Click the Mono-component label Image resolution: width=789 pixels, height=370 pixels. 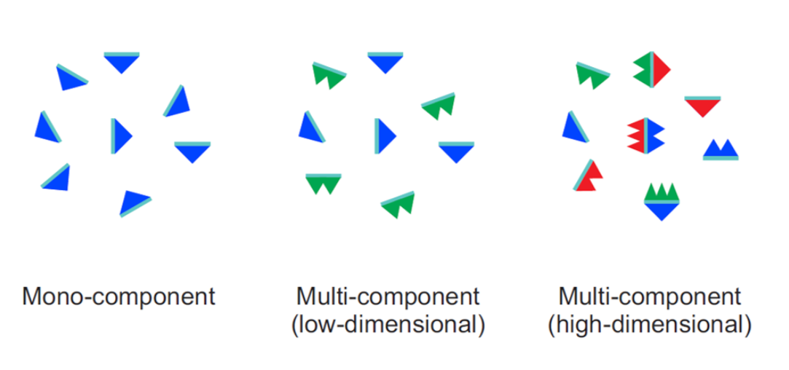coord(119,297)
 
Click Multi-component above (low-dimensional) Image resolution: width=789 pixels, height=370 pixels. coord(388,297)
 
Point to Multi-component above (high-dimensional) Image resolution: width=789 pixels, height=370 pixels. coord(649,297)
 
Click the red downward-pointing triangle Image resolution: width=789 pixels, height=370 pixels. coord(703,106)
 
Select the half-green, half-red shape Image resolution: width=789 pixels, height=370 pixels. coord(651,71)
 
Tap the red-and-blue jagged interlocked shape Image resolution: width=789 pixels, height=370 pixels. coord(645,135)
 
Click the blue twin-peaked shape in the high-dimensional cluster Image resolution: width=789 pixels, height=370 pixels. coord(721,151)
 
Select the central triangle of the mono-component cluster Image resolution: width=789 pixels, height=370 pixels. coord(121,135)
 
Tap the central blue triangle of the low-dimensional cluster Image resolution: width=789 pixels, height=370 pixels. coord(385,135)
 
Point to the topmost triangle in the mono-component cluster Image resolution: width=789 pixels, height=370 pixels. coord(122,61)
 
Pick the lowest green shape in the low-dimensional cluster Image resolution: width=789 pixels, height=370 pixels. coord(399,204)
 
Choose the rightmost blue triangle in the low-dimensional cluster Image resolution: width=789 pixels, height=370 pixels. coord(456,151)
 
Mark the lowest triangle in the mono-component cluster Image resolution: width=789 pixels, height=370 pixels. coord(134,202)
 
